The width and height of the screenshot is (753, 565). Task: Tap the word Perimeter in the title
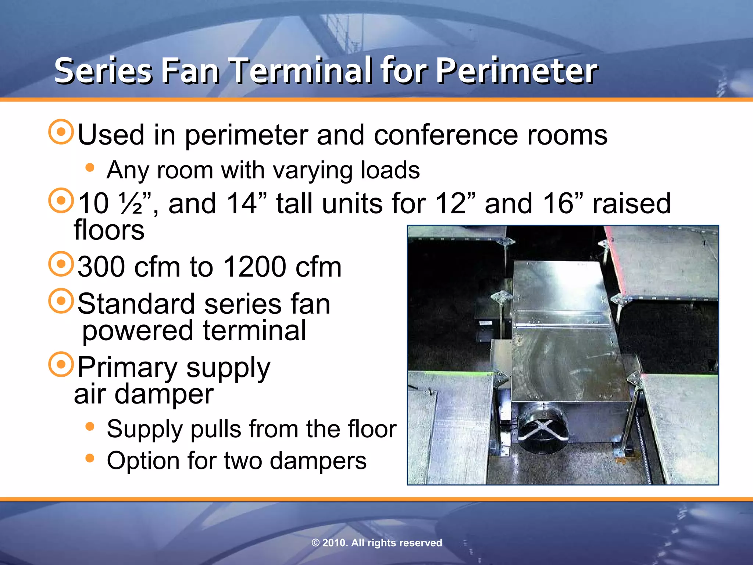point(517,71)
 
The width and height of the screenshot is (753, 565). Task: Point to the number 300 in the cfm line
point(101,267)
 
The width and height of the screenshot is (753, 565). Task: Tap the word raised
point(631,203)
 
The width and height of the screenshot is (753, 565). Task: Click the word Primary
point(127,367)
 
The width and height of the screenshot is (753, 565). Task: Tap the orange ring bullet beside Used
point(61,132)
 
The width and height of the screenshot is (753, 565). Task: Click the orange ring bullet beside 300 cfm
point(61,264)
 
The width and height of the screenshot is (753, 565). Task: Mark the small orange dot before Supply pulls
point(90,427)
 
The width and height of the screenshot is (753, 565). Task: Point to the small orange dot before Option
point(90,458)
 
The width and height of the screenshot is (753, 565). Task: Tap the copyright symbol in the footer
point(315,543)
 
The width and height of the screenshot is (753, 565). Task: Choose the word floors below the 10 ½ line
point(109,230)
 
